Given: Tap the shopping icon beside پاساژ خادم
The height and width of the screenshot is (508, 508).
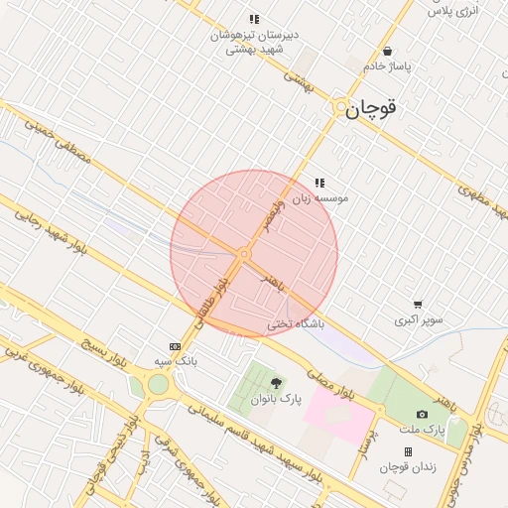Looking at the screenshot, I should click(387, 52).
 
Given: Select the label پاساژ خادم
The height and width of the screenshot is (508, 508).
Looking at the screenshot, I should click(386, 66).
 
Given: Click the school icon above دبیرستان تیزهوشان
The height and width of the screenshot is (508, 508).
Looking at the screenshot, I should click(254, 19).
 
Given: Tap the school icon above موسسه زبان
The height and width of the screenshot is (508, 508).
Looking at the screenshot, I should click(319, 183).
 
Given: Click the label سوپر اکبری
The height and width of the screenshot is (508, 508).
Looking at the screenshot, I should click(419, 319).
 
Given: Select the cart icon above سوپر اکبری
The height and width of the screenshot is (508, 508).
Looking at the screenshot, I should click(418, 305).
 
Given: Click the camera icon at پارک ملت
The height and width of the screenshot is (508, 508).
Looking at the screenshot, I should click(423, 414).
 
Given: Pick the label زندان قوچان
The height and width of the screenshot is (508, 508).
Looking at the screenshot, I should click(408, 466).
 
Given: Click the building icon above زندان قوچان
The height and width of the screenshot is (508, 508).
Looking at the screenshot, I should click(408, 451).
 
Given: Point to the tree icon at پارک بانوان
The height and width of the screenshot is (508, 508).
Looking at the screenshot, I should click(275, 383).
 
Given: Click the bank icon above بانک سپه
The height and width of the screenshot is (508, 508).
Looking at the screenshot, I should click(176, 346).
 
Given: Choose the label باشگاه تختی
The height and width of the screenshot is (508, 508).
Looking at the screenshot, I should click(296, 324).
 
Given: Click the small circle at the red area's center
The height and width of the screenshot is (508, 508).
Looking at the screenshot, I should click(244, 254).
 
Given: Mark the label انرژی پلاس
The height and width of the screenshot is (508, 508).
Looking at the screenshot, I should click(452, 10).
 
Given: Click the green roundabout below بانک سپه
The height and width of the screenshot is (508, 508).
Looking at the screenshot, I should click(158, 384).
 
